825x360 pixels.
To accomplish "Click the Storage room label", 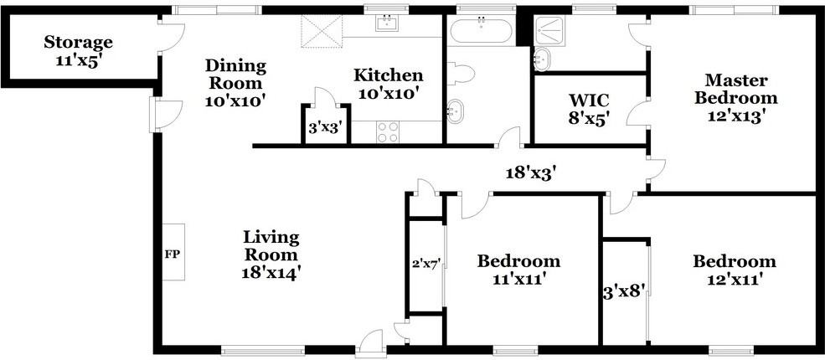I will click(78, 41).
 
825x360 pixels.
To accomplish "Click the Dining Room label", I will click(235, 74).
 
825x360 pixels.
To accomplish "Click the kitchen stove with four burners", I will click(387, 131).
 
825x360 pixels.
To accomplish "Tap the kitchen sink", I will click(387, 24).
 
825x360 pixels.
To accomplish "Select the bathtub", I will click(481, 32).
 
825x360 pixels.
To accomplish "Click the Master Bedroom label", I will click(736, 89).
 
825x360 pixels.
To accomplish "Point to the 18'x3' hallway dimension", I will click(531, 173).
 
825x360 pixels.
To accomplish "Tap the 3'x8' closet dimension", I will click(624, 293).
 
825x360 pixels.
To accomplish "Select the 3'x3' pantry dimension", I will click(325, 129).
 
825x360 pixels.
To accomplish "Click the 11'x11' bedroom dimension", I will click(518, 279).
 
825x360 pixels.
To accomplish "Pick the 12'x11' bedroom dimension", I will click(734, 279).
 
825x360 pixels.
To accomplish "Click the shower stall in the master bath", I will click(552, 31).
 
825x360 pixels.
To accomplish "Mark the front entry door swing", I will click(369, 342).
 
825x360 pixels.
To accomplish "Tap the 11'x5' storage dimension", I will click(78, 60).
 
